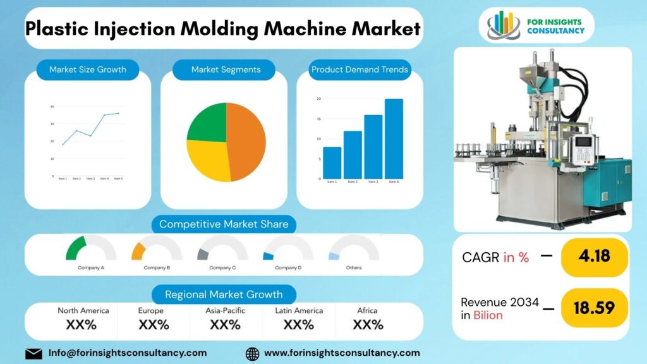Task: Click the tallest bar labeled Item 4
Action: pos(394,139)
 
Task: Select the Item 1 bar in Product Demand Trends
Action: pos(332,163)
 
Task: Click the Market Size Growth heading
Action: pos(88,70)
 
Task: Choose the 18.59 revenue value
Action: pos(594,308)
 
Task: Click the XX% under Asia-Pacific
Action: pos(225,325)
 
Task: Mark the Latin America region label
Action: pos(299,310)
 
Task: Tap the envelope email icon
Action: pos(33,353)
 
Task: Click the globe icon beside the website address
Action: pos(252,353)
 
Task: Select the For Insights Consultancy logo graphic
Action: pos(504,25)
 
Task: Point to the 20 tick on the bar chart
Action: pos(319,99)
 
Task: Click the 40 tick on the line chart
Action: pos(52,106)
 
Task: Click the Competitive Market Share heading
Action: pos(224,224)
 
